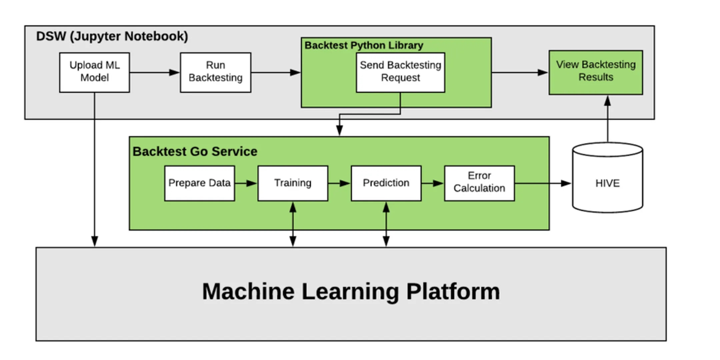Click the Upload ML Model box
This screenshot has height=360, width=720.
click(x=94, y=72)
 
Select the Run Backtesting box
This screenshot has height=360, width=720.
click(x=215, y=72)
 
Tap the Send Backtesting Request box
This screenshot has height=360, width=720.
click(x=400, y=72)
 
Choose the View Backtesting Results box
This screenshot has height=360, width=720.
click(x=596, y=72)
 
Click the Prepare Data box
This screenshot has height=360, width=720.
click(x=199, y=183)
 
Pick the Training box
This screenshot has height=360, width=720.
click(x=293, y=183)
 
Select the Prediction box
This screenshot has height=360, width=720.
click(x=386, y=183)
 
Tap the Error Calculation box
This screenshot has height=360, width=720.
click(x=479, y=183)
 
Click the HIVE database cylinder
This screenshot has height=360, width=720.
click(x=607, y=178)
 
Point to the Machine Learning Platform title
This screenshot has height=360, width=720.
click(x=351, y=291)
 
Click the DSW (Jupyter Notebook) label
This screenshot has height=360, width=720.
click(x=112, y=36)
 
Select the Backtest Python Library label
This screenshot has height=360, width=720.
click(x=364, y=45)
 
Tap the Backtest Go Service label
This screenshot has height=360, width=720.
click(x=195, y=151)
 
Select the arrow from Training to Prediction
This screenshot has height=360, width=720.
click(x=340, y=183)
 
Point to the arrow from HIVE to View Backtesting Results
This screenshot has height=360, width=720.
click(x=607, y=119)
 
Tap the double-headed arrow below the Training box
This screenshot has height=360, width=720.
click(x=293, y=224)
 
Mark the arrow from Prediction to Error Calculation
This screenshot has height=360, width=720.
click(x=433, y=183)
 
